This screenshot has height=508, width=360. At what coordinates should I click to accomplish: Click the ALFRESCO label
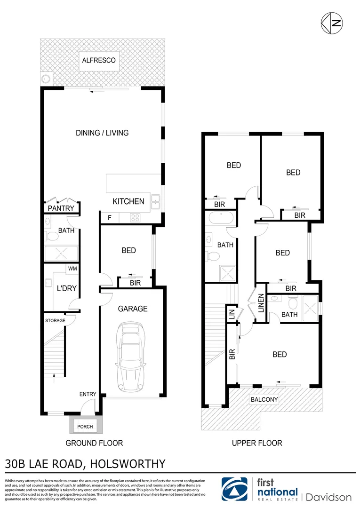click(x=98, y=61)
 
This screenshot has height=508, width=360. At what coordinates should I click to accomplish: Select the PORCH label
click(x=85, y=427)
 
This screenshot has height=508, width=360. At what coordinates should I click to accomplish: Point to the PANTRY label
click(x=61, y=208)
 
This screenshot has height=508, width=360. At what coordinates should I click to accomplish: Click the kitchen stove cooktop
click(x=135, y=218)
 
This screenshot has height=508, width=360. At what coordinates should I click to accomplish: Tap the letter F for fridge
click(x=110, y=218)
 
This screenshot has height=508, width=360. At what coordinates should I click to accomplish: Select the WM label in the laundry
click(x=72, y=269)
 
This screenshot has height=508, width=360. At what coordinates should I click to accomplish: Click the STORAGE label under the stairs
click(x=55, y=321)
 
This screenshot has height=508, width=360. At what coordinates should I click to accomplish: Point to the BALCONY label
click(x=264, y=400)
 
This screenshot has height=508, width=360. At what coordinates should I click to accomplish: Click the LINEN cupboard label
click(x=260, y=304)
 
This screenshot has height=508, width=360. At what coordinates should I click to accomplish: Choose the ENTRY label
click(x=88, y=394)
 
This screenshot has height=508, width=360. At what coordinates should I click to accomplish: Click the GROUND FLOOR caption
click(x=94, y=443)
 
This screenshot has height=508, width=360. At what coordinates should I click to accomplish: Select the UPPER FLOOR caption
click(x=257, y=443)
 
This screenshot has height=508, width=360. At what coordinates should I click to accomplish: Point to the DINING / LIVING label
click(x=102, y=133)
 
